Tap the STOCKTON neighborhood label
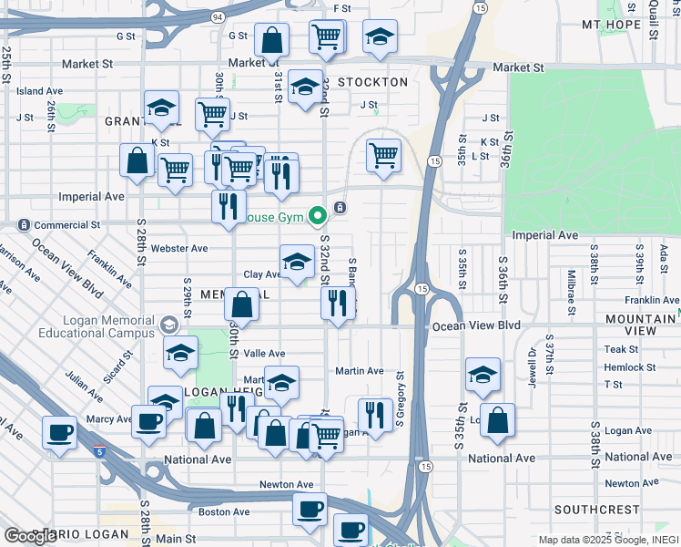pyautogui.click(x=372, y=82)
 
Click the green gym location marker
pyautogui.click(x=318, y=216)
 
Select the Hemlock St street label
pyautogui.click(x=630, y=367)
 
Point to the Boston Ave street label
pyautogui.click(x=224, y=511)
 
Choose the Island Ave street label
pyautogui.click(x=39, y=91)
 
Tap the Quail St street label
pyautogui.click(x=654, y=14)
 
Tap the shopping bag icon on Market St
pyautogui.click(x=271, y=40)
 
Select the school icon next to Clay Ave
pyautogui.click(x=297, y=263)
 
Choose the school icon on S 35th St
pyautogui.click(x=483, y=374)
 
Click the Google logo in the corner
pyautogui.click(x=30, y=536)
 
